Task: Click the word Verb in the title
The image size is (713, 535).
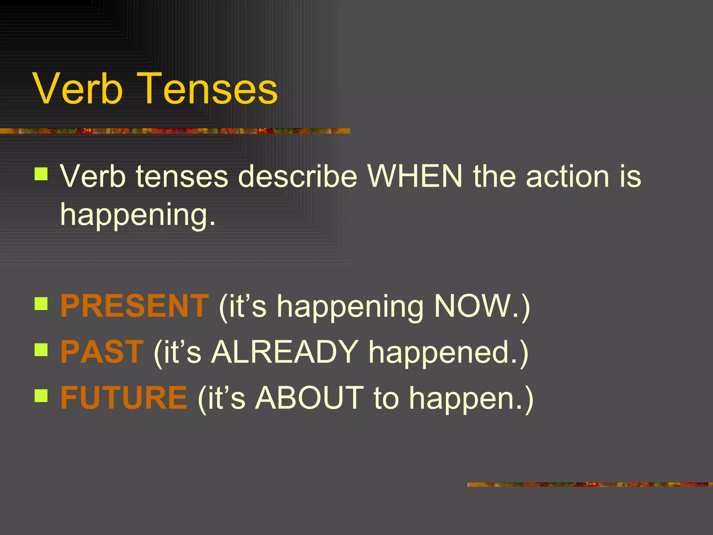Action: [x=78, y=89]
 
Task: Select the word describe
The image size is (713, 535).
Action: [x=298, y=176]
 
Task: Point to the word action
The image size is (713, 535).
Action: [x=567, y=176]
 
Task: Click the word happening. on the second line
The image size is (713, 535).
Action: [x=138, y=215]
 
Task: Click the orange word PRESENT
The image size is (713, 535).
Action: [x=134, y=306]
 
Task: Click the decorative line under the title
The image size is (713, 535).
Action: [x=174, y=131]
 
